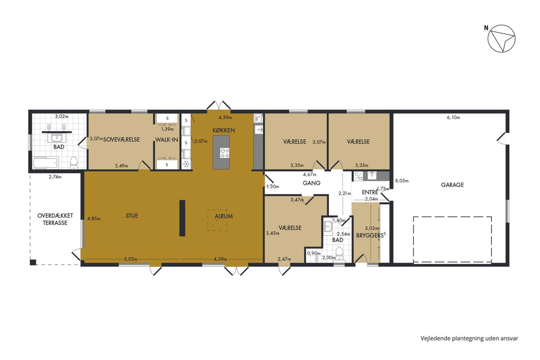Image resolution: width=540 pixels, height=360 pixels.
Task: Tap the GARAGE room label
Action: click(452, 184)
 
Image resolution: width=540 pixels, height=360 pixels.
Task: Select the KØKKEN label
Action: click(224, 130)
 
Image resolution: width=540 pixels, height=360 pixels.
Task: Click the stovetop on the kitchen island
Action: click(225, 153)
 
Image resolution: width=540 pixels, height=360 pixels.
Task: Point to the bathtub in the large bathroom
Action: click(46, 163)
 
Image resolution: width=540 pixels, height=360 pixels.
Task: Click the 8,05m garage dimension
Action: click(401, 180)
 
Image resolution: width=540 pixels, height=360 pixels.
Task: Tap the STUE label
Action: click(131, 216)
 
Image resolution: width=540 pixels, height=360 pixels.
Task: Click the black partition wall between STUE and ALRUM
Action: click(182, 218)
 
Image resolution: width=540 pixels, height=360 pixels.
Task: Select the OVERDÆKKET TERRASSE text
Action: click(55, 219)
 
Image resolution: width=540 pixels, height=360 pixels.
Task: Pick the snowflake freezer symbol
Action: click(186, 164)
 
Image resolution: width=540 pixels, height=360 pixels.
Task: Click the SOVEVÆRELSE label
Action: click(121, 139)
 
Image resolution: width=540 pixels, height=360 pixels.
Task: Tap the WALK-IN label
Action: click(166, 139)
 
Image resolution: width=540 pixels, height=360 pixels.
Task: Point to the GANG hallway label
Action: click(311, 183)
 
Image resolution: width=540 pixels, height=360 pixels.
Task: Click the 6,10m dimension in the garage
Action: click(453, 117)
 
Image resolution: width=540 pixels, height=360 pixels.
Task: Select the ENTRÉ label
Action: click(370, 192)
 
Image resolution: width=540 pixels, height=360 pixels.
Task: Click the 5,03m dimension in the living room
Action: click(130, 259)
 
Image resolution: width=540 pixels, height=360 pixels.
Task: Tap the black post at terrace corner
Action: click(33, 262)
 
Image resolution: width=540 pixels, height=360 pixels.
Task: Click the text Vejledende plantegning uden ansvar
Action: click(469, 338)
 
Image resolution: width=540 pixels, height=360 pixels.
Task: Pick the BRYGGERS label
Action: click(370, 236)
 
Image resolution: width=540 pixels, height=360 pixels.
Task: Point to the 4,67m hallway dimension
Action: click(310, 174)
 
